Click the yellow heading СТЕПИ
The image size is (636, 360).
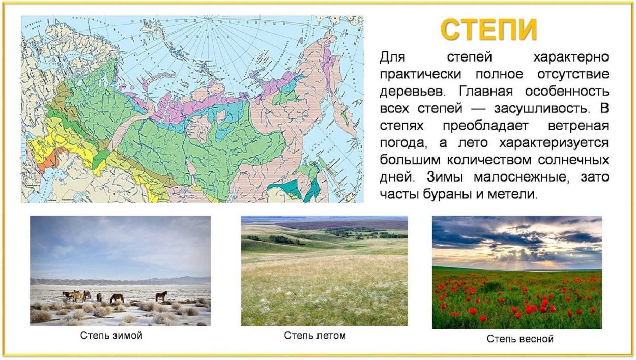[x=488, y=30]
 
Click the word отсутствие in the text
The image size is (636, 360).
[x=573, y=74]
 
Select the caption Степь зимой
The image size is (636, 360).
[x=111, y=336]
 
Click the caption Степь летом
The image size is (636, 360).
[x=314, y=336]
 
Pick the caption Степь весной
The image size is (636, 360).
[x=519, y=339]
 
